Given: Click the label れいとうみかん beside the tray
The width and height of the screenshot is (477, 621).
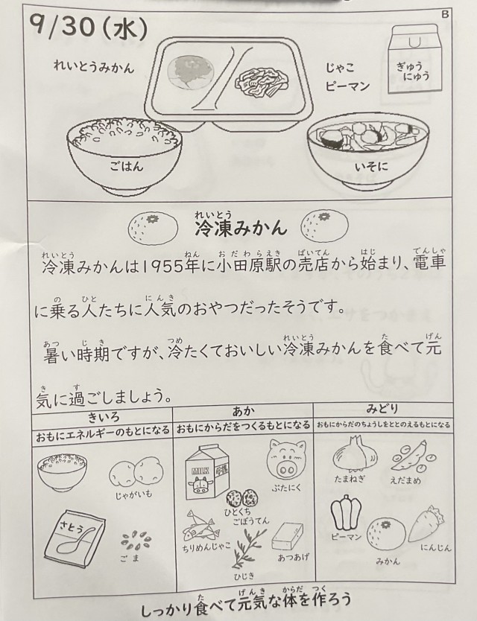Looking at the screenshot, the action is (x=94, y=67).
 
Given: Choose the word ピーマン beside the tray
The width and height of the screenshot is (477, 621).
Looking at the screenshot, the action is (x=347, y=86).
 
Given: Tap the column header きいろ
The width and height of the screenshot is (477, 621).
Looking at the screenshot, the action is (x=104, y=417).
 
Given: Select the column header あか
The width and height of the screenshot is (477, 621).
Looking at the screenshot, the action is (x=244, y=412).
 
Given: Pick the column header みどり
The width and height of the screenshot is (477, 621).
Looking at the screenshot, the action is (x=382, y=409).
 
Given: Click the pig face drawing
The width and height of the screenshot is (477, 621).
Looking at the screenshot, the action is (x=287, y=460).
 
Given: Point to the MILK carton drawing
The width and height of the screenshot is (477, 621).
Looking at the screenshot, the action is (x=202, y=471).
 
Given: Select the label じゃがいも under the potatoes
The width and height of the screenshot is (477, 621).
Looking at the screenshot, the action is (x=133, y=494).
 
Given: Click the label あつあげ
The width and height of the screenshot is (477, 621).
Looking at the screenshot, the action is (x=294, y=558).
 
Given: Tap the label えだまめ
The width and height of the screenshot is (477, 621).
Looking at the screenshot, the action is (x=405, y=480).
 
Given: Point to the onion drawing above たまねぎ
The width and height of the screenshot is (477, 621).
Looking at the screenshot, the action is (x=354, y=452).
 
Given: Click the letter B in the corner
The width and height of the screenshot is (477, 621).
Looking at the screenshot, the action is (x=445, y=14).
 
